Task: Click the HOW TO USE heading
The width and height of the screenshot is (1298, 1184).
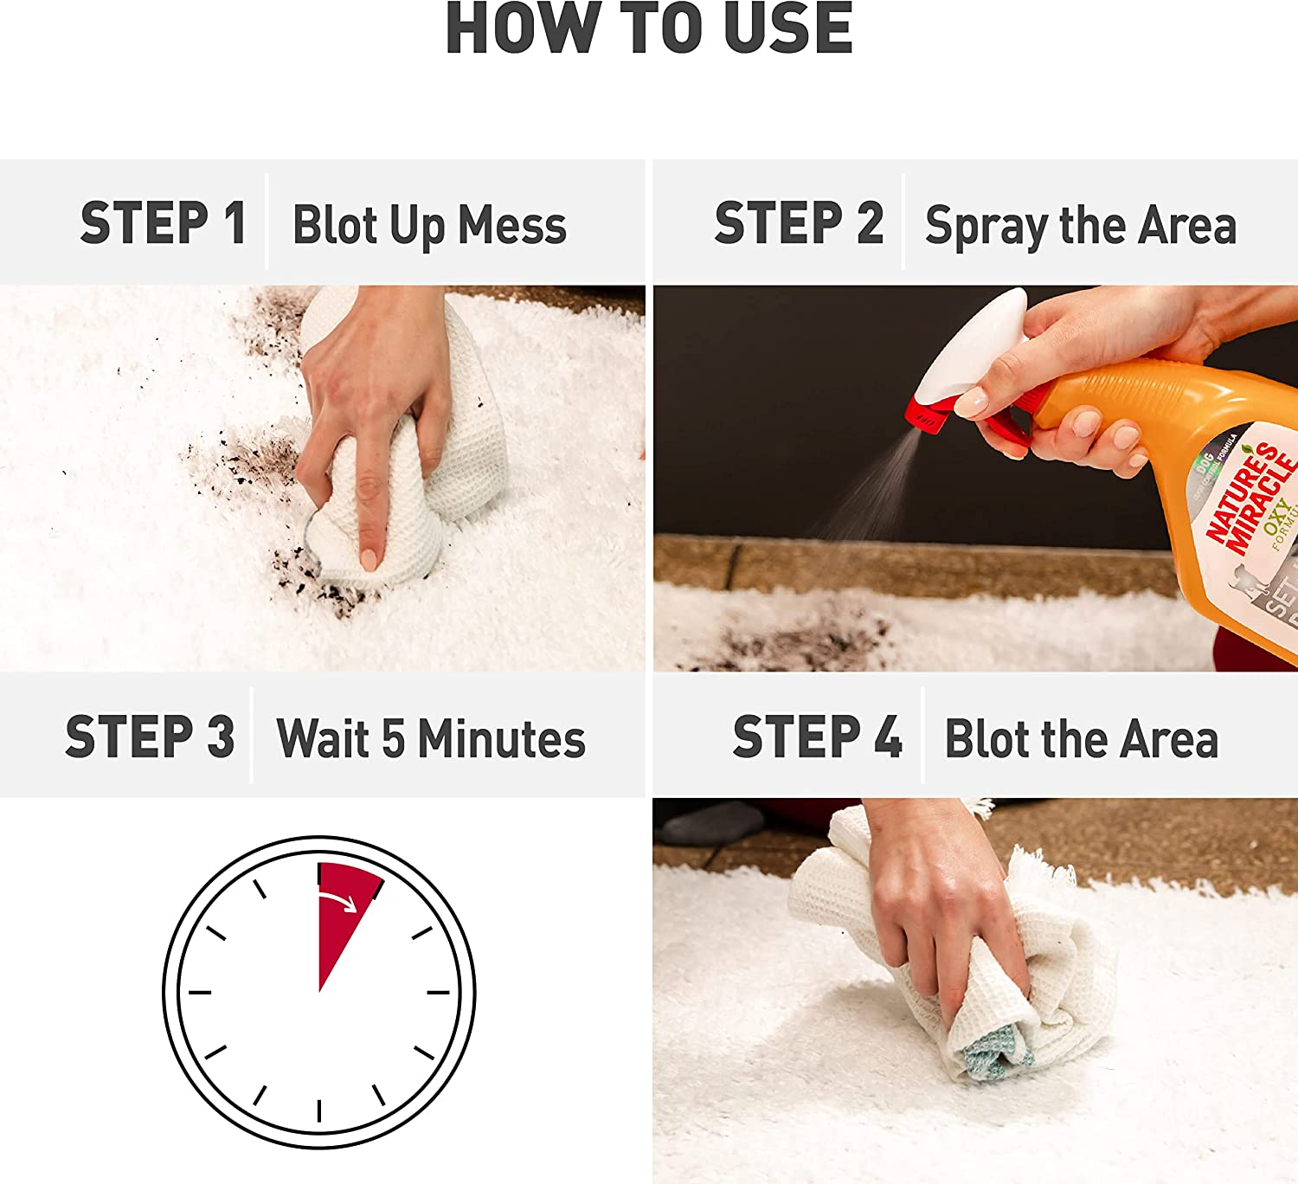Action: point(649,29)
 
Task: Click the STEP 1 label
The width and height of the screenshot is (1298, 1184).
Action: point(163,223)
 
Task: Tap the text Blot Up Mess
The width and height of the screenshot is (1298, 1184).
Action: point(429,225)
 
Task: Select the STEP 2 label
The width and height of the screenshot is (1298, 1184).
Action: point(798,223)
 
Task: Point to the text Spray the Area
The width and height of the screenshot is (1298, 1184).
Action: point(1081,225)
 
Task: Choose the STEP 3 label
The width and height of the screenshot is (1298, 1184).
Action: point(150,737)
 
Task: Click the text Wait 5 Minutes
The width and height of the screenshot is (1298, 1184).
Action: point(431,739)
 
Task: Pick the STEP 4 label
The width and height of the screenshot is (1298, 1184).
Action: point(817,737)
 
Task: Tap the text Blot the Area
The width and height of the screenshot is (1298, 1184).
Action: point(1082,739)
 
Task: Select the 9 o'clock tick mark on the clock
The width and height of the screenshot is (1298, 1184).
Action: point(200,992)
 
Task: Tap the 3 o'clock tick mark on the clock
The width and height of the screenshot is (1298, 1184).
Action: point(439,992)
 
